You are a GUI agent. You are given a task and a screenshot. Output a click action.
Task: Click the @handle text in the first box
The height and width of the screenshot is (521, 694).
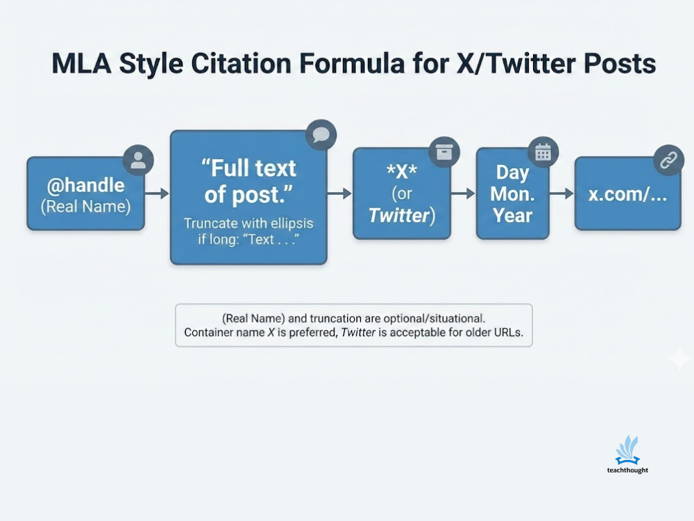[x=85, y=185]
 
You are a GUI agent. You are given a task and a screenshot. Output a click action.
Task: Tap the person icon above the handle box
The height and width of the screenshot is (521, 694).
[x=138, y=160]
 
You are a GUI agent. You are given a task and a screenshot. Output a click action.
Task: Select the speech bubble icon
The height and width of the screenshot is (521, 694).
[x=321, y=135]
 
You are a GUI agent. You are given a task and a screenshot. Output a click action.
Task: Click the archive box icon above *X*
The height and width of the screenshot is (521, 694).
[x=443, y=151]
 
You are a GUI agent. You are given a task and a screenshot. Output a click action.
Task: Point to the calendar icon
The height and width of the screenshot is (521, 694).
[x=543, y=153]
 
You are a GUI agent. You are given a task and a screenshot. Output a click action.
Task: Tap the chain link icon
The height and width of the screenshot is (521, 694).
[x=668, y=160]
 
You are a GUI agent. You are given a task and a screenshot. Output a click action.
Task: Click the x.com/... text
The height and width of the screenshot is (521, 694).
[x=627, y=194]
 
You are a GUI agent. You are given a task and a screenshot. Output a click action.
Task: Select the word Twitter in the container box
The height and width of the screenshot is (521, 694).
[x=398, y=215]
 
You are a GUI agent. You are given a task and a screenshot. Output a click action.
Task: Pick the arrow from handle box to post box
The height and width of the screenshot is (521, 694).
[x=158, y=194]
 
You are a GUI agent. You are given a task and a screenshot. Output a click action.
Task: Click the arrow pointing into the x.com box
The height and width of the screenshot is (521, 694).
[x=561, y=194]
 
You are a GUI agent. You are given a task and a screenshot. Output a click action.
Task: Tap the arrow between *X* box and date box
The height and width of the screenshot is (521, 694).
[x=463, y=194]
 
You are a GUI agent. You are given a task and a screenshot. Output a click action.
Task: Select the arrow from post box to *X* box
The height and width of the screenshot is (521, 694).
[x=339, y=194]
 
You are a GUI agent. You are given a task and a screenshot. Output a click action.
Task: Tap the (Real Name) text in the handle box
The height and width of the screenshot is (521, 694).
[x=85, y=207]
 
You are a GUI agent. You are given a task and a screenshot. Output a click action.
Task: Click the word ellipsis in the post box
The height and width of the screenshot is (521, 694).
[x=288, y=224]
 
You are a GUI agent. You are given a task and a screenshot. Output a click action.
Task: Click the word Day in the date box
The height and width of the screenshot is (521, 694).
[x=512, y=172]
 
